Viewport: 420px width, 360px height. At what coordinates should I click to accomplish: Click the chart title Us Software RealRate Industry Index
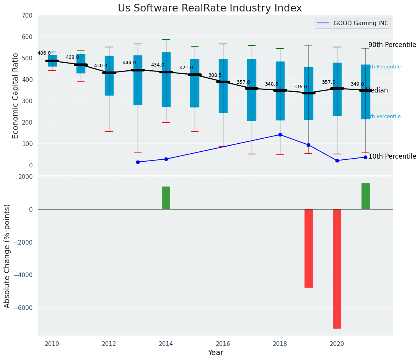[210, 8]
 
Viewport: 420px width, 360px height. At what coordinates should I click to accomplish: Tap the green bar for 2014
[166, 198]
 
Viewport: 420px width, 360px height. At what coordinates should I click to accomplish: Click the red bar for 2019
[309, 248]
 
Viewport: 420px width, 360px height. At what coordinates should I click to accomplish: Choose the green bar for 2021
[365, 196]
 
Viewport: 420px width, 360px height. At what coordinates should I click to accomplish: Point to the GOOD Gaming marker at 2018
[280, 135]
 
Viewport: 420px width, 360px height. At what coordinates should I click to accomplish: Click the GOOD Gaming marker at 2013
[138, 162]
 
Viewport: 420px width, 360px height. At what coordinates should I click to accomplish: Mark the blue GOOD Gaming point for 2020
[337, 161]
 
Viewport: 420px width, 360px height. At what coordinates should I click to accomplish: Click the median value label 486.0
[44, 53]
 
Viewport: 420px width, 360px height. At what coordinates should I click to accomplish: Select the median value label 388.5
[215, 76]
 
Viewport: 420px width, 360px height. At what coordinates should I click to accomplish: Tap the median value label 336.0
[300, 87]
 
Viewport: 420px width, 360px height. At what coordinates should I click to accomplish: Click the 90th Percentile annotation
[392, 45]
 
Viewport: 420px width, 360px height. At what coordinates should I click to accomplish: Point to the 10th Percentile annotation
[392, 156]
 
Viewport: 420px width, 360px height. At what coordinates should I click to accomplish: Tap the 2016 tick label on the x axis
[223, 344]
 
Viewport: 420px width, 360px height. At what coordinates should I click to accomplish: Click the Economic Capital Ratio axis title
[16, 96]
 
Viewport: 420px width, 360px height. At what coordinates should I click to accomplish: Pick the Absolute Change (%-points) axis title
[7, 256]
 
